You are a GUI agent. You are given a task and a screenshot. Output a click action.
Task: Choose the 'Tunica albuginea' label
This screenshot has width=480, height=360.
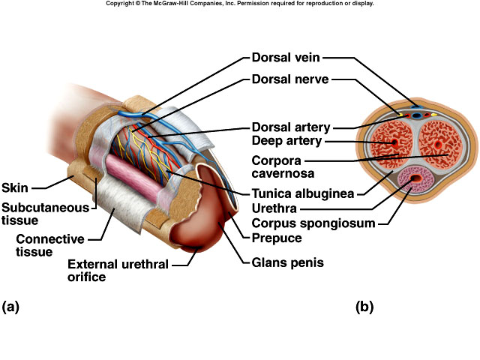(302, 193)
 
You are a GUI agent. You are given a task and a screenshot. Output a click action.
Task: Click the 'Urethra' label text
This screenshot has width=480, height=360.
(273, 208)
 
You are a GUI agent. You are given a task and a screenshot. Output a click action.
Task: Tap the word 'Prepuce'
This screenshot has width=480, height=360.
(277, 238)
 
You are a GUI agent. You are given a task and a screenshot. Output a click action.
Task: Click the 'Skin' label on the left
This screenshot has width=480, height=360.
(15, 187)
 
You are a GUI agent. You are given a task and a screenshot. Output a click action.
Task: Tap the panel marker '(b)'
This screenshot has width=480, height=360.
(364, 306)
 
